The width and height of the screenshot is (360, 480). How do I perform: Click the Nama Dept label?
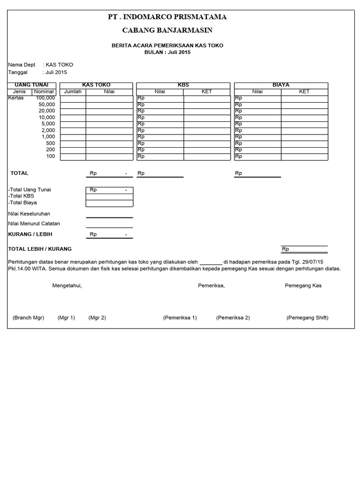[x=22, y=65]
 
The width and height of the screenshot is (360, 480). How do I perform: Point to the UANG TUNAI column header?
[x=32, y=85]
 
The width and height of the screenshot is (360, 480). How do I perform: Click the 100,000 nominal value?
[x=45, y=98]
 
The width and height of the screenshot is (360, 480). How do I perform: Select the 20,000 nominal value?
[x=47, y=111]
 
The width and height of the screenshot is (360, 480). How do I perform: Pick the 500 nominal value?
[x=51, y=143]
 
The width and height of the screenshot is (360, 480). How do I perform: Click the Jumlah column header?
[x=73, y=91]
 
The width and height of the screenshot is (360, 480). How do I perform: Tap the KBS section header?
[x=183, y=85]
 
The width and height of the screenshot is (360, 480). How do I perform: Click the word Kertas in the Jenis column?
[x=16, y=98]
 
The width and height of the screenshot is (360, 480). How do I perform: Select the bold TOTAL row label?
[x=20, y=173]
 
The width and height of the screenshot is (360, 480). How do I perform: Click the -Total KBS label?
[x=21, y=196]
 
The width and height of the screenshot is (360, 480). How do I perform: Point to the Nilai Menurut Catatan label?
[x=34, y=224]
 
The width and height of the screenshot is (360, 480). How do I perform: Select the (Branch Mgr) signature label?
[x=28, y=317]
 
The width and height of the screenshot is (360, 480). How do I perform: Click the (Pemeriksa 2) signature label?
[x=233, y=317]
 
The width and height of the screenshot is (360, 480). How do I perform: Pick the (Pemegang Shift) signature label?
[x=307, y=317]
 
